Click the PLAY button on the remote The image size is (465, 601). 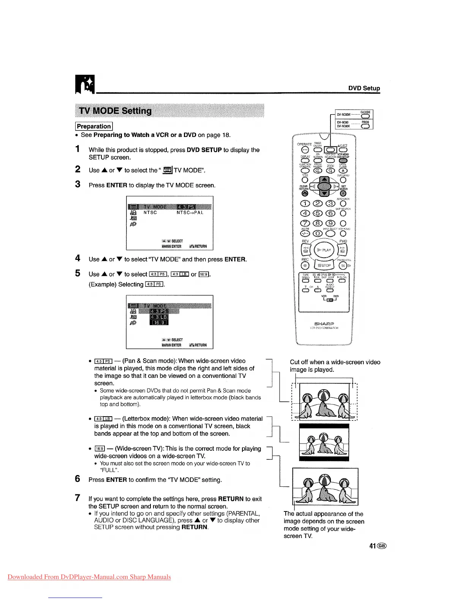pos(324,250)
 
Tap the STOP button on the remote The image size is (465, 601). pos(324,266)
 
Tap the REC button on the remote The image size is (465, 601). pos(305,266)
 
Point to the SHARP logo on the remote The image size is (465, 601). pos(324,324)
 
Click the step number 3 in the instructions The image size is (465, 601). pos(78,184)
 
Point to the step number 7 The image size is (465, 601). pos(78,498)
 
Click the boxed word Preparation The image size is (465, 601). pos(94,126)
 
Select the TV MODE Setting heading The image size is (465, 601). pos(115,111)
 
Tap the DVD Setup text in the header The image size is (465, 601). pos(364,88)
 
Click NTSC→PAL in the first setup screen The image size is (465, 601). pos(190,213)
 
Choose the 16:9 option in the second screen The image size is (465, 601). pos(159,323)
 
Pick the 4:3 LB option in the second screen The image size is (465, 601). pos(159,317)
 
